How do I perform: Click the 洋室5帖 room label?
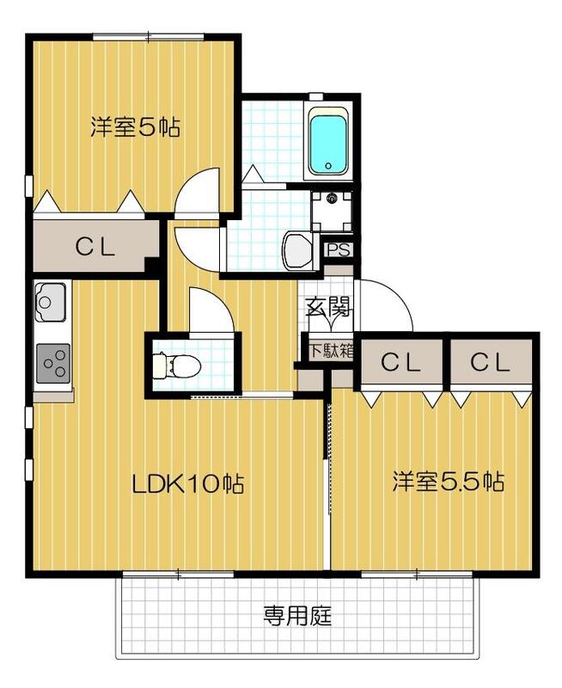(x=135, y=128)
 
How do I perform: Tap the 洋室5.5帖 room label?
(x=448, y=481)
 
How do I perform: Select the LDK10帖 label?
(x=188, y=483)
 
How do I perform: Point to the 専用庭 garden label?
(x=297, y=616)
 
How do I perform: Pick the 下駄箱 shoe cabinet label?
(x=331, y=350)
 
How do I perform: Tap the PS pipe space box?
(x=338, y=250)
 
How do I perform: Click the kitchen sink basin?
(x=49, y=301)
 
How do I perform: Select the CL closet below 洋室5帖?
(x=95, y=247)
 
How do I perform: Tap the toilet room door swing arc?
(x=208, y=310)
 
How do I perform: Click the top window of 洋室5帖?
(x=149, y=36)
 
